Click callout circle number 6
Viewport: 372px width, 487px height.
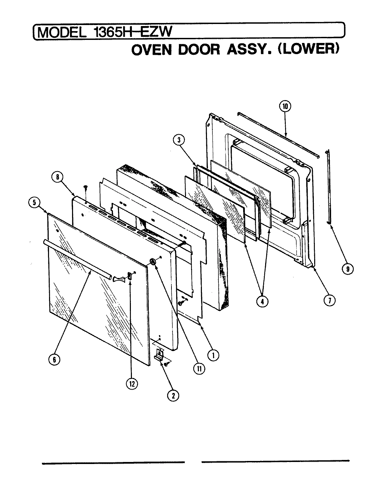(54, 360)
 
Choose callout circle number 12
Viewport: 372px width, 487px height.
(131, 384)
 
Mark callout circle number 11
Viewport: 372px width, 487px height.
(199, 369)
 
